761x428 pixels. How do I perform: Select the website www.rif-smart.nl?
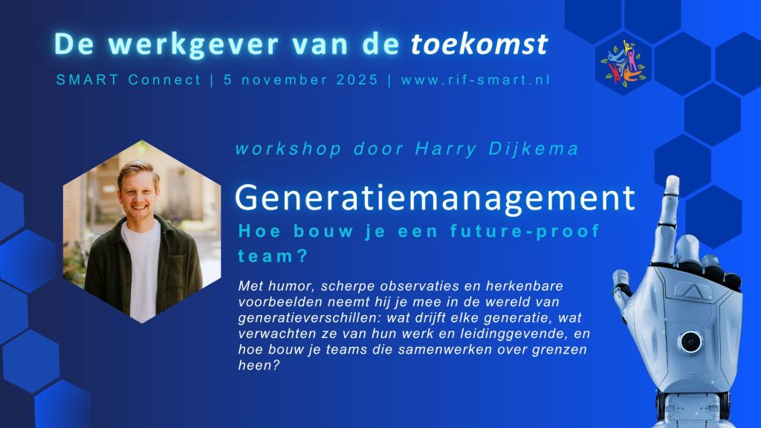pos(475,80)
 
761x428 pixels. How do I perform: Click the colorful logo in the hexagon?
pos(623,64)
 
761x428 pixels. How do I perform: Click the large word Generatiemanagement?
pos(435,198)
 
